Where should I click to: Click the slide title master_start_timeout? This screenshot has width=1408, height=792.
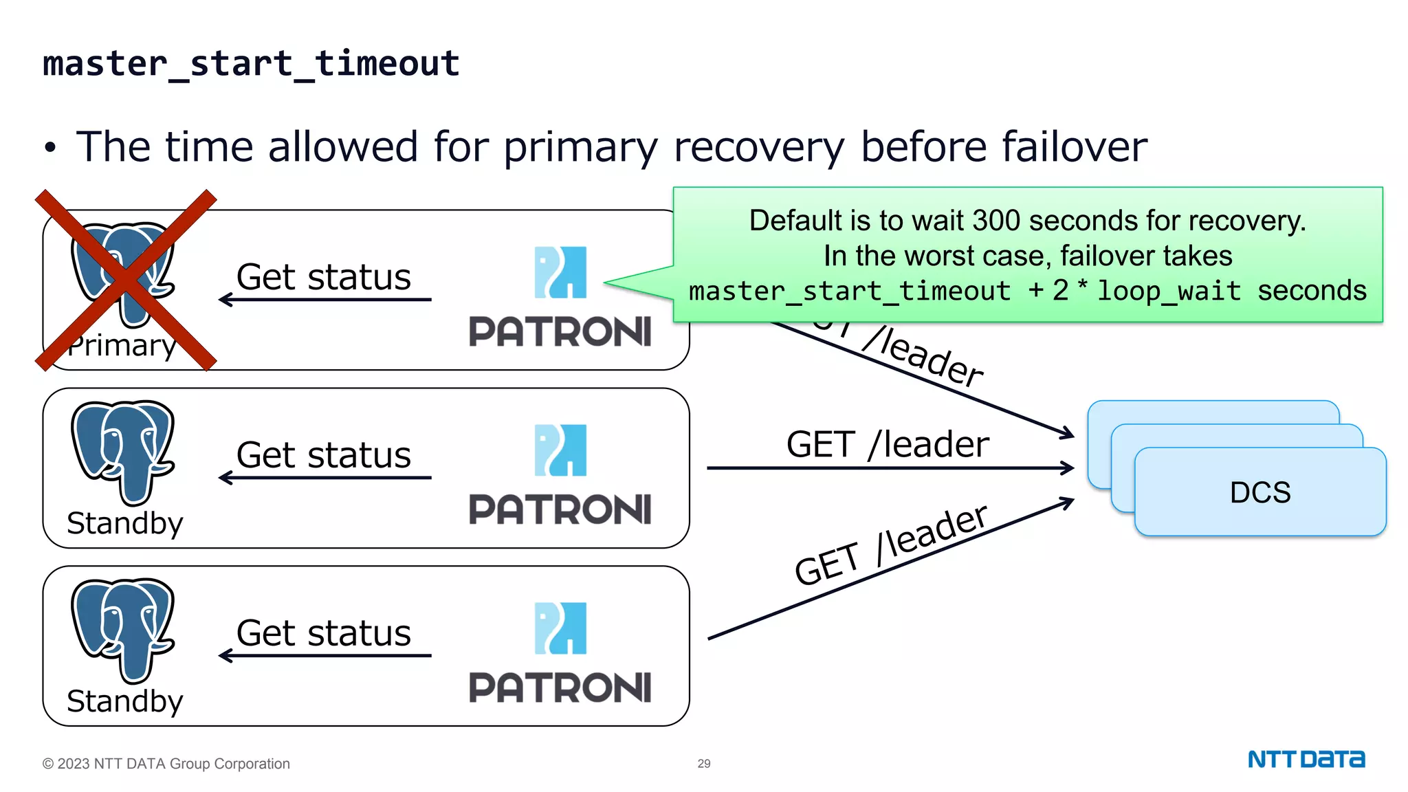pos(251,64)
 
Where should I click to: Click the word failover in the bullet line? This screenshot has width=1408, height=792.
pos(1072,146)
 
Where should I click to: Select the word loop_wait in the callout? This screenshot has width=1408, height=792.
pos(1169,291)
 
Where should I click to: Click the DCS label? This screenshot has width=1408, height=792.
pos(1259,492)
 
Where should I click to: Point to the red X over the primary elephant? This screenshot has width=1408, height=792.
pos(126,280)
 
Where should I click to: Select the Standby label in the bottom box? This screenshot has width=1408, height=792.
pos(125,701)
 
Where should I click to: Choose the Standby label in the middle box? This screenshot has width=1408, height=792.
pos(125,523)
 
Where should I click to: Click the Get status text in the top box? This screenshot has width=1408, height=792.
pos(323,277)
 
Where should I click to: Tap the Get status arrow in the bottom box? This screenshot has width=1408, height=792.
pos(324,656)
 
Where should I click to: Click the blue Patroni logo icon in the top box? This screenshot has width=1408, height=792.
pos(560,272)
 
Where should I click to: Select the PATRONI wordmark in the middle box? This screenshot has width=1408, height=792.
pos(560,509)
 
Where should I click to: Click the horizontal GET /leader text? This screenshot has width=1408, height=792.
pos(888,444)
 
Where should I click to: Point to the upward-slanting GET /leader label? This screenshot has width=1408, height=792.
pos(891,544)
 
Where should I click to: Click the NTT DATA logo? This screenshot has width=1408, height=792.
pos(1306,759)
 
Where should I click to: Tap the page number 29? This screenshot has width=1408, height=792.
pos(704,763)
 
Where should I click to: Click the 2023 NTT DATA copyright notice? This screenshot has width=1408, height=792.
pos(166,764)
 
